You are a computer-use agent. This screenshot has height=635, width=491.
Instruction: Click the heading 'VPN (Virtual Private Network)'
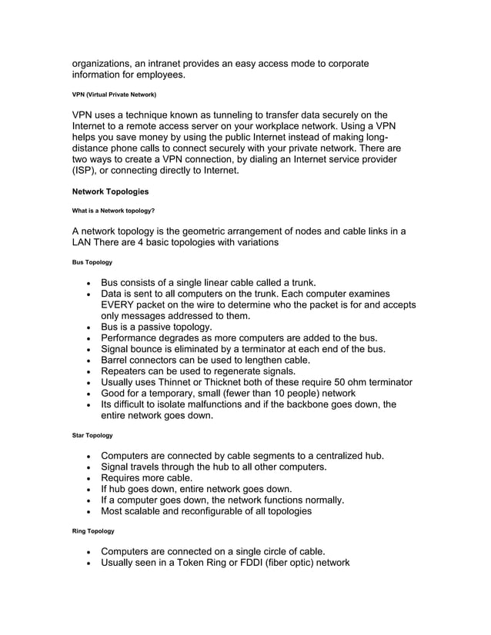point(114,95)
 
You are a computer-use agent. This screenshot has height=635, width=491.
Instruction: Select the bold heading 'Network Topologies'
point(110,191)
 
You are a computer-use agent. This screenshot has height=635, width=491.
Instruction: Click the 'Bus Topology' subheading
point(92,262)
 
